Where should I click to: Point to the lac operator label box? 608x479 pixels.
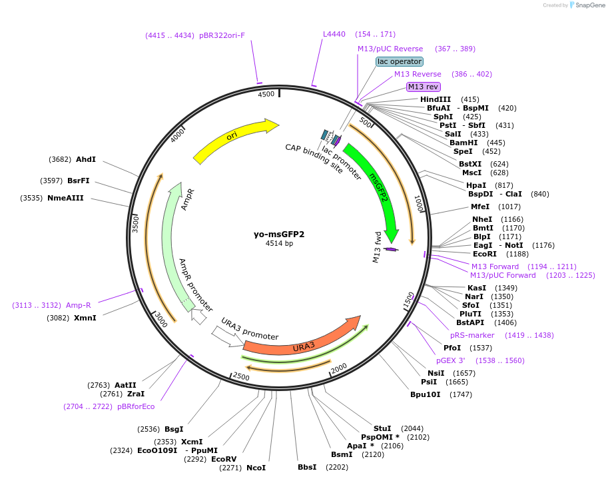point(400,61)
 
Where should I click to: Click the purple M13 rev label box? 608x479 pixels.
point(424,87)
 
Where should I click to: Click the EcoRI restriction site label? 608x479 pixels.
point(485,254)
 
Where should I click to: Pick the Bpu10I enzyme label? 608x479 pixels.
point(425,394)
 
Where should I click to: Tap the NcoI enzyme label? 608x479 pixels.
point(256,468)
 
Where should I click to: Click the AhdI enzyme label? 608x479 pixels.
point(86,159)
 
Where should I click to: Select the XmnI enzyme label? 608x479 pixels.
point(85,318)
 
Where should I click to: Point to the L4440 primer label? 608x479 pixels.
point(334,34)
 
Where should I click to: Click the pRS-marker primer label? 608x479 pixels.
point(472,335)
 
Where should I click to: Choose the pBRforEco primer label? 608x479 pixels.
point(136,406)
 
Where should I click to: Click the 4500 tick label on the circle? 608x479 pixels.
point(266,95)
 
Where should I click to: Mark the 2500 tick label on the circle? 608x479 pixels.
point(241,378)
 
